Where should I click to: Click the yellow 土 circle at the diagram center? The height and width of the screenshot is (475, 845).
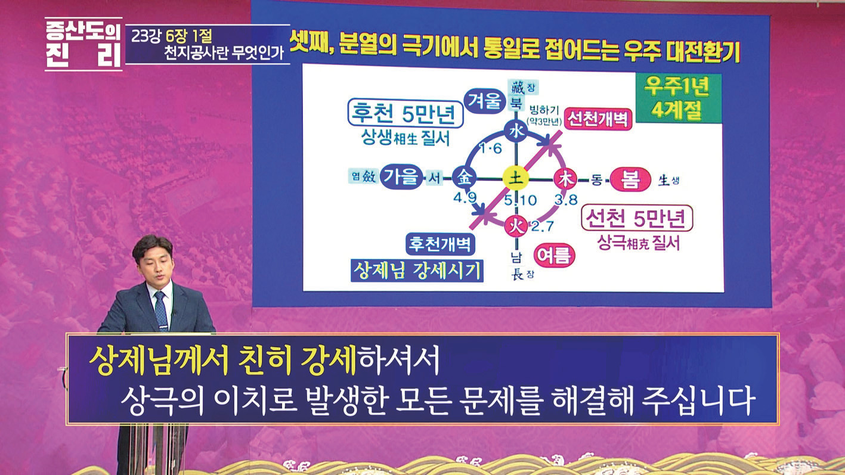[516, 178]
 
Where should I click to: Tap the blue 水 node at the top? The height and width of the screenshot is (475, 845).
[516, 132]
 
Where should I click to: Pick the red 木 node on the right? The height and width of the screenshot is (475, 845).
[565, 178]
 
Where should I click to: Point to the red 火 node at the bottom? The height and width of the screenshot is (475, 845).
[516, 226]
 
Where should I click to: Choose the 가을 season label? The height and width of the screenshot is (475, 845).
[401, 177]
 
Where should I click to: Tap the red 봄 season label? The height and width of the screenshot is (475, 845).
[630, 179]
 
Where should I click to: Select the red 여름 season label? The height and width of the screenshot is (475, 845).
[554, 255]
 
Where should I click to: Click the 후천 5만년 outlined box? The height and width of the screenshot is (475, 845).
[405, 113]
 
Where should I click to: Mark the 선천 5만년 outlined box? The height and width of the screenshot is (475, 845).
[637, 218]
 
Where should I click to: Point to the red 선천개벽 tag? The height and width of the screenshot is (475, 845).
[598, 119]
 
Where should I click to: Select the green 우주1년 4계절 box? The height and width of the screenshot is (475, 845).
[678, 98]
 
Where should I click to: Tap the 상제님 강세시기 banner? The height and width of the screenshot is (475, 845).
[417, 271]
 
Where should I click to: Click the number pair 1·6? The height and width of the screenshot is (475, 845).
[490, 149]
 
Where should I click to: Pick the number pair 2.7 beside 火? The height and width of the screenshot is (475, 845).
[543, 226]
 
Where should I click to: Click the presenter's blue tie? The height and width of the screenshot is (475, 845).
[162, 311]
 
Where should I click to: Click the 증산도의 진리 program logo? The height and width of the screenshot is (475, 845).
[83, 44]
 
